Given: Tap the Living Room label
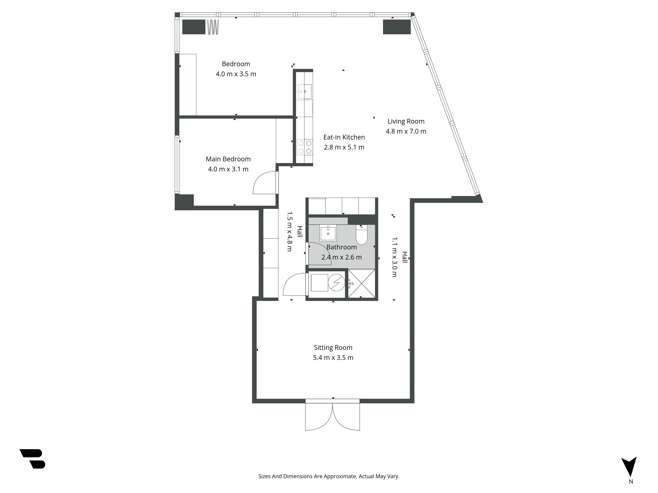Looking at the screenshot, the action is (406, 121).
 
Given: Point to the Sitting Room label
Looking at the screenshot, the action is (333, 348).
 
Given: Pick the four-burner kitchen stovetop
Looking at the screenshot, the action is (305, 147).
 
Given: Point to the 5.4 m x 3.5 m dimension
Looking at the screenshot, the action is (333, 358).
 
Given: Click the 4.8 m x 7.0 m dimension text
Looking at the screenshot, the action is (406, 131).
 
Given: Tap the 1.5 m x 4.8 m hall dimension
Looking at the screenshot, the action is (289, 232).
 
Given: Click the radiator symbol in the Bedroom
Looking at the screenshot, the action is (213, 27).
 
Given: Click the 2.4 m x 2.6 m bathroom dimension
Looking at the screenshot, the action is (342, 257).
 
